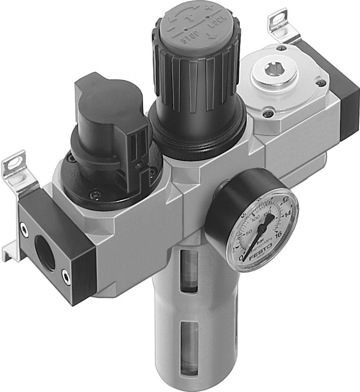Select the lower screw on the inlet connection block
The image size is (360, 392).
pos(65,275)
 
